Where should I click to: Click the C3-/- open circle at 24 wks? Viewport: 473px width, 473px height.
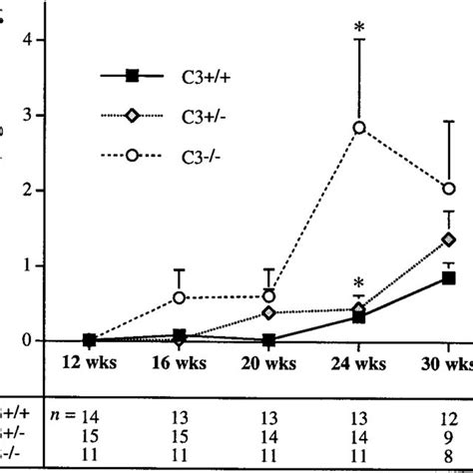point(358,128)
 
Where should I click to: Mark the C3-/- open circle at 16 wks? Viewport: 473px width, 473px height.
point(180,297)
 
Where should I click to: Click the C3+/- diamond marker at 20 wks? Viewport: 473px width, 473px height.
point(268,312)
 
